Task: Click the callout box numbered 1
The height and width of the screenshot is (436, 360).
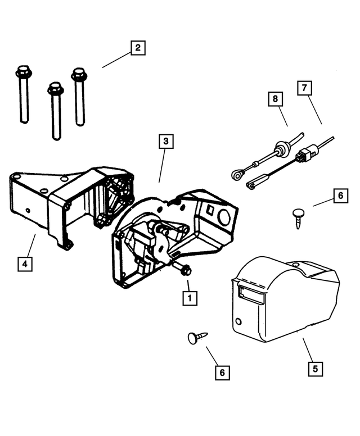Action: [190, 298]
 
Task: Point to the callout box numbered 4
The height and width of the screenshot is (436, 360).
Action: [24, 262]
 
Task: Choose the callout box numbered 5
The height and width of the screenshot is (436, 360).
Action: [316, 369]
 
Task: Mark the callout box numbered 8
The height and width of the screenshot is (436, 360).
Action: [275, 99]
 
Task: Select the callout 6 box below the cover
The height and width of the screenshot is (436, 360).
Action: [222, 372]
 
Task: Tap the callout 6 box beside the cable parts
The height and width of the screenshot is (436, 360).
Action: [340, 196]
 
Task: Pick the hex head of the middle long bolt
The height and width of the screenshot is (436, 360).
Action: [55, 89]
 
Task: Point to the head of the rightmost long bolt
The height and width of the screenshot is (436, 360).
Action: [79, 74]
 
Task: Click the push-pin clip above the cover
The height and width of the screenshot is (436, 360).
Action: [298, 214]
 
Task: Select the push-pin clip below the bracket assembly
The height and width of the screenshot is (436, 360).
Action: [193, 337]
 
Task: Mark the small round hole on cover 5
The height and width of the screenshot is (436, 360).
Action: [240, 323]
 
